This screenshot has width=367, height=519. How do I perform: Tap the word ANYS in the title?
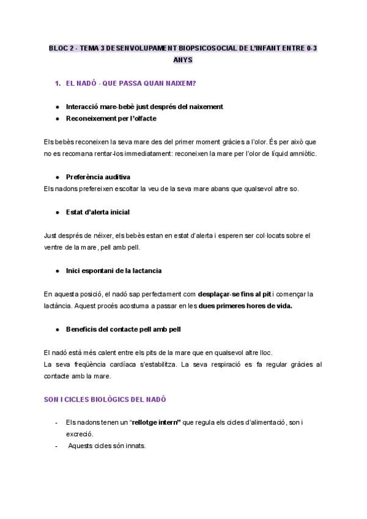point(183,61)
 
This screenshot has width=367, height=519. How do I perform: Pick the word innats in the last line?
point(135,446)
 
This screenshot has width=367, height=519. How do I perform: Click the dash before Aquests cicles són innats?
point(56,446)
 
